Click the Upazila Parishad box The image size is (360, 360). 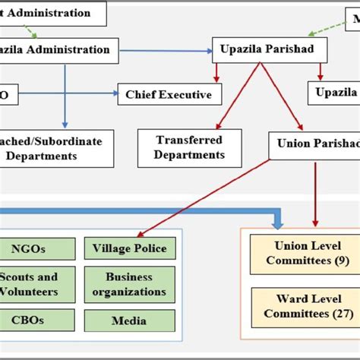(269, 50)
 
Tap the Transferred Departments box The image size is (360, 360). (190, 147)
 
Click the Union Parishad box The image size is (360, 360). (314, 143)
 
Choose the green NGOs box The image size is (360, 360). (38, 248)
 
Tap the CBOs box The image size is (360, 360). (38, 321)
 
